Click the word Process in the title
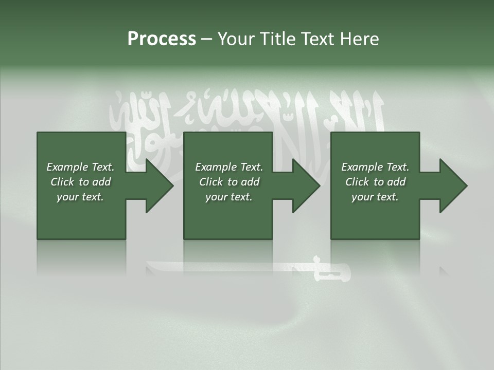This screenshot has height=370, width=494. [x=162, y=39]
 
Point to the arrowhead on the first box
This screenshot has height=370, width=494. [x=157, y=186]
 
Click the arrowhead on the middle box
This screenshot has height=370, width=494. [x=304, y=186]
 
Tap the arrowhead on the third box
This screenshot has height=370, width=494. [x=451, y=186]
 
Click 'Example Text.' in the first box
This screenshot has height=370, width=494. [x=80, y=167]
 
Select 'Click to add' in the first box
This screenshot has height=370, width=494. [x=80, y=182]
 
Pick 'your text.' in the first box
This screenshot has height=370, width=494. [x=80, y=197]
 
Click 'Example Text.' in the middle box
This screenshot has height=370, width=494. [x=229, y=167]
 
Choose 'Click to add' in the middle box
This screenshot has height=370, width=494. [x=229, y=182]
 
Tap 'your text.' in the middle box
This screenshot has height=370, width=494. [x=229, y=197]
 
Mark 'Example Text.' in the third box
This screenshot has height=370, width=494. [x=375, y=167]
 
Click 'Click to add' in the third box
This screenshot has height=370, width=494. [x=375, y=182]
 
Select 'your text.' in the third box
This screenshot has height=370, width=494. [x=375, y=197]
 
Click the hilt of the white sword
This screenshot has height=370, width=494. [x=332, y=270]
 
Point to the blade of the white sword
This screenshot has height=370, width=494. [x=226, y=267]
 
